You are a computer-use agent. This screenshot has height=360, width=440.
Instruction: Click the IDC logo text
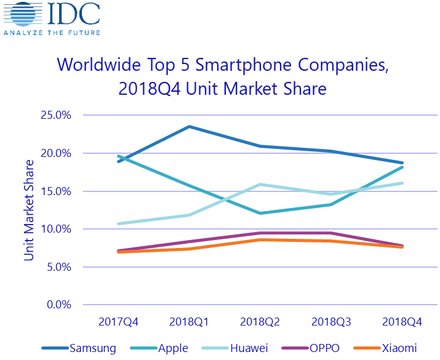pos(71,15)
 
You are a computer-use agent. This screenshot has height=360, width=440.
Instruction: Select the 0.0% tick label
pos(59,305)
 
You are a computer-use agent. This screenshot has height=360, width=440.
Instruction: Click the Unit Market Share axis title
pos(29,210)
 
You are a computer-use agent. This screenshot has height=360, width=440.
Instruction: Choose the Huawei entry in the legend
pos(247,348)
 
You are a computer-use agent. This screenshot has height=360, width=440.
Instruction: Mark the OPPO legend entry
pos(322,348)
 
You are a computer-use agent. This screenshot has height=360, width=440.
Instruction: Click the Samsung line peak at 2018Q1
pos(188,127)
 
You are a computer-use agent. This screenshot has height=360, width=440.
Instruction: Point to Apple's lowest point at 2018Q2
pos(260,213)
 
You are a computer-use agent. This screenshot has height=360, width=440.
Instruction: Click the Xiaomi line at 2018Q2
pos(260,239)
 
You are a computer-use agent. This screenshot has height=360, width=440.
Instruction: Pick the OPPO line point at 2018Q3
pos(332,233)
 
